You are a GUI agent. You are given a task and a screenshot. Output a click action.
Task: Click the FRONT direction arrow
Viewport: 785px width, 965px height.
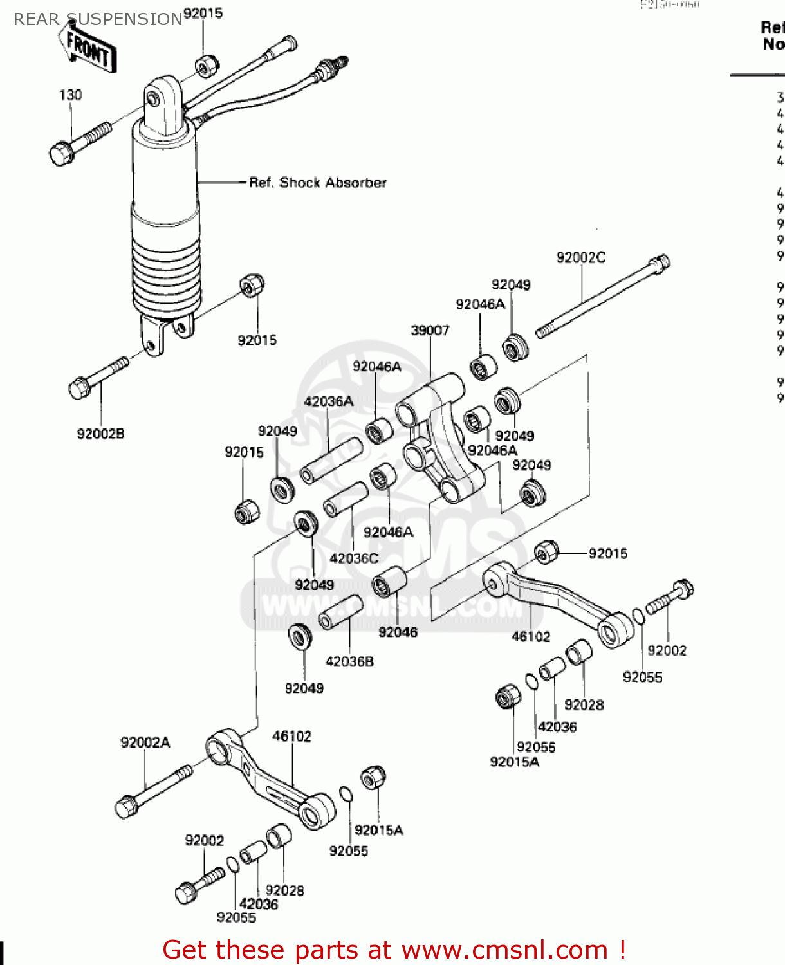89,48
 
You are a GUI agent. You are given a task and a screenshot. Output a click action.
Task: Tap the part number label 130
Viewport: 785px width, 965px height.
70,95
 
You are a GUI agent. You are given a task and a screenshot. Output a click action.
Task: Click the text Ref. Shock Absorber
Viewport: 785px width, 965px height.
317,183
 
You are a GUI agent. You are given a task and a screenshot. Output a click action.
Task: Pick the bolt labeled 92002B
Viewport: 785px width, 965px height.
97,378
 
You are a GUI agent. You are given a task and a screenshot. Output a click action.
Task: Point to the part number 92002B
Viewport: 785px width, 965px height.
100,434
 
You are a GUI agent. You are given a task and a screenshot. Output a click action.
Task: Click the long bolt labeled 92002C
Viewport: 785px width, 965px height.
602,297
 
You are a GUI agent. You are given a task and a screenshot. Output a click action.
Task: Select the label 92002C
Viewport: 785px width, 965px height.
580,257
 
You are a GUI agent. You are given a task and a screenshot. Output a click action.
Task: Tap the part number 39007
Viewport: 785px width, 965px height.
430,331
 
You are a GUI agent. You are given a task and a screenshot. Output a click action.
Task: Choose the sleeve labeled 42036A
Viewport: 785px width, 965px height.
331,459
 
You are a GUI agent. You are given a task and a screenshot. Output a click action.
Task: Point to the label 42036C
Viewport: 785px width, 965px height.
354,558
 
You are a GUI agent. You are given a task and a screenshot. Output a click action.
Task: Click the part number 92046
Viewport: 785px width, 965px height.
398,632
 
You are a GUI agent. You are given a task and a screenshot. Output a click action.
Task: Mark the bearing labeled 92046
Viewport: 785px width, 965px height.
389,582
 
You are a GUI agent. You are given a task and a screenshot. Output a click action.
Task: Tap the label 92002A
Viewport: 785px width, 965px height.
145,742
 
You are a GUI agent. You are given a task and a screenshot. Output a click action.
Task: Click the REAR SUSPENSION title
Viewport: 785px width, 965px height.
98,19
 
